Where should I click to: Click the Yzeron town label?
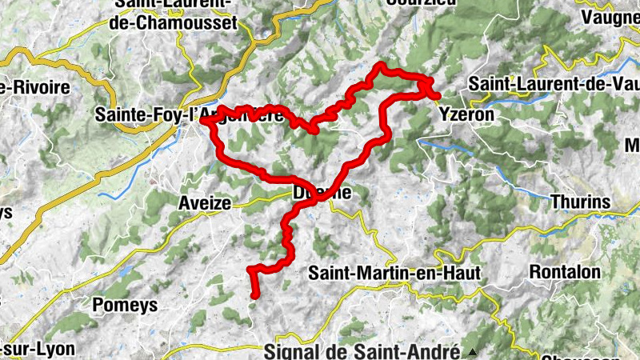click(466, 114)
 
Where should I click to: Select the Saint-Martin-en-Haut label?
click(394, 273)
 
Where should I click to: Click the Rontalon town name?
click(564, 272)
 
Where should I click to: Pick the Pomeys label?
click(122, 305)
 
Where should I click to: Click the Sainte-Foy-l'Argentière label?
click(188, 115)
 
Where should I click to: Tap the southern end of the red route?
click(255, 296)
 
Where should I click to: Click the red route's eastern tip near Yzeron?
click(437, 97)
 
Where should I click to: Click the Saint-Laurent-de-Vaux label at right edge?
click(553, 83)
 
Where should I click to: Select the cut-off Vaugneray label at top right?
click(610, 16)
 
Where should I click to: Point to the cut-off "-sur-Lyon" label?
click(38, 349)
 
